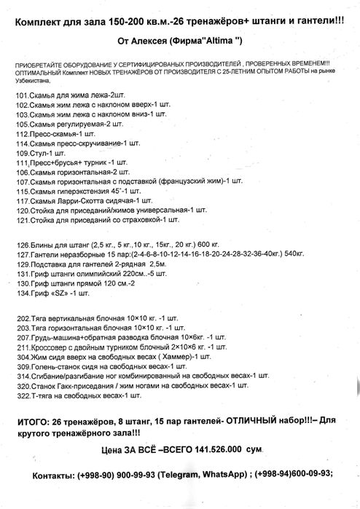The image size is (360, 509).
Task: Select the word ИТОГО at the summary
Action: pyautogui.click(x=34, y=422)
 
